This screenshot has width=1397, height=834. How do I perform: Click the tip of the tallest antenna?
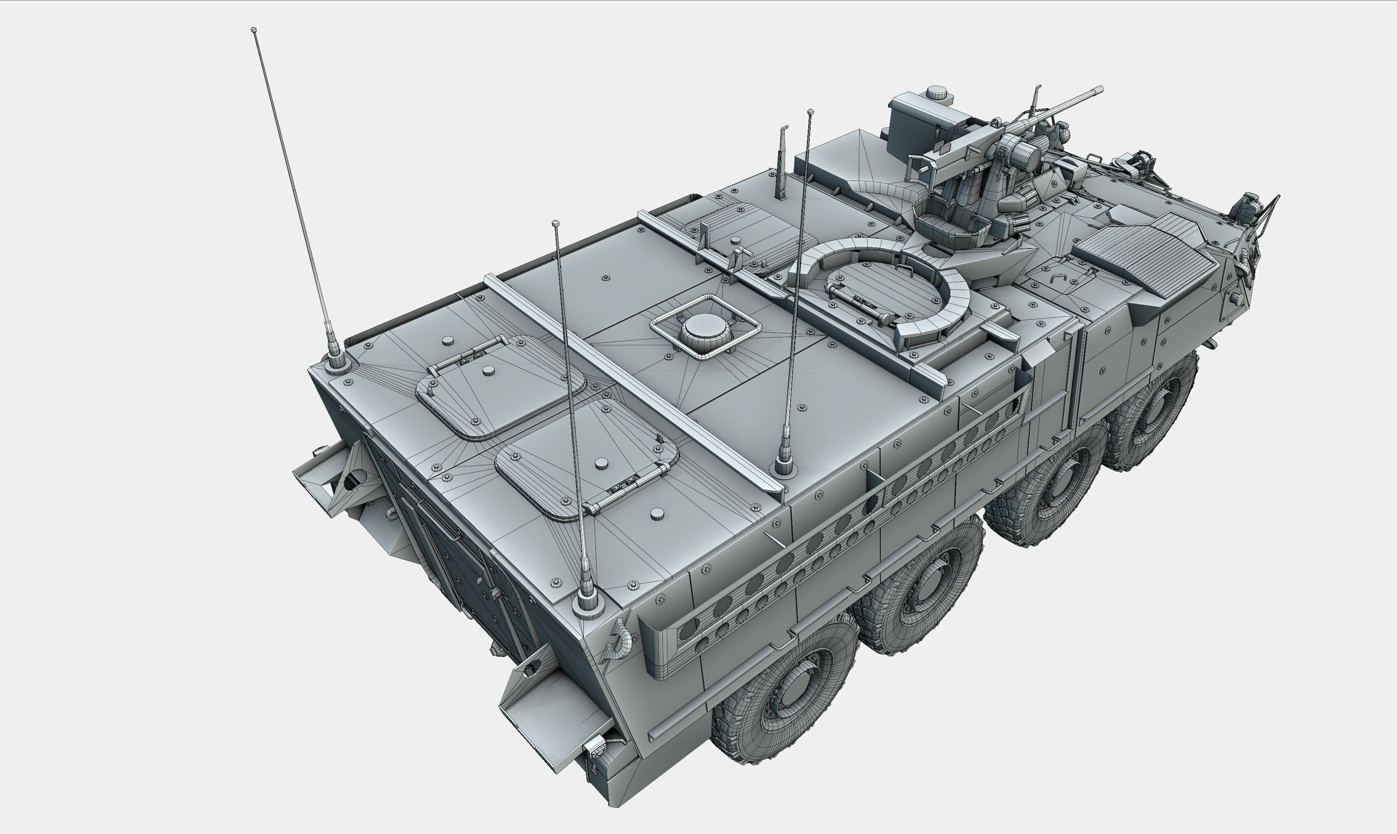click(x=253, y=30)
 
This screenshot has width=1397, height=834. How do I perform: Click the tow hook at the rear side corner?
click(x=618, y=641)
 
